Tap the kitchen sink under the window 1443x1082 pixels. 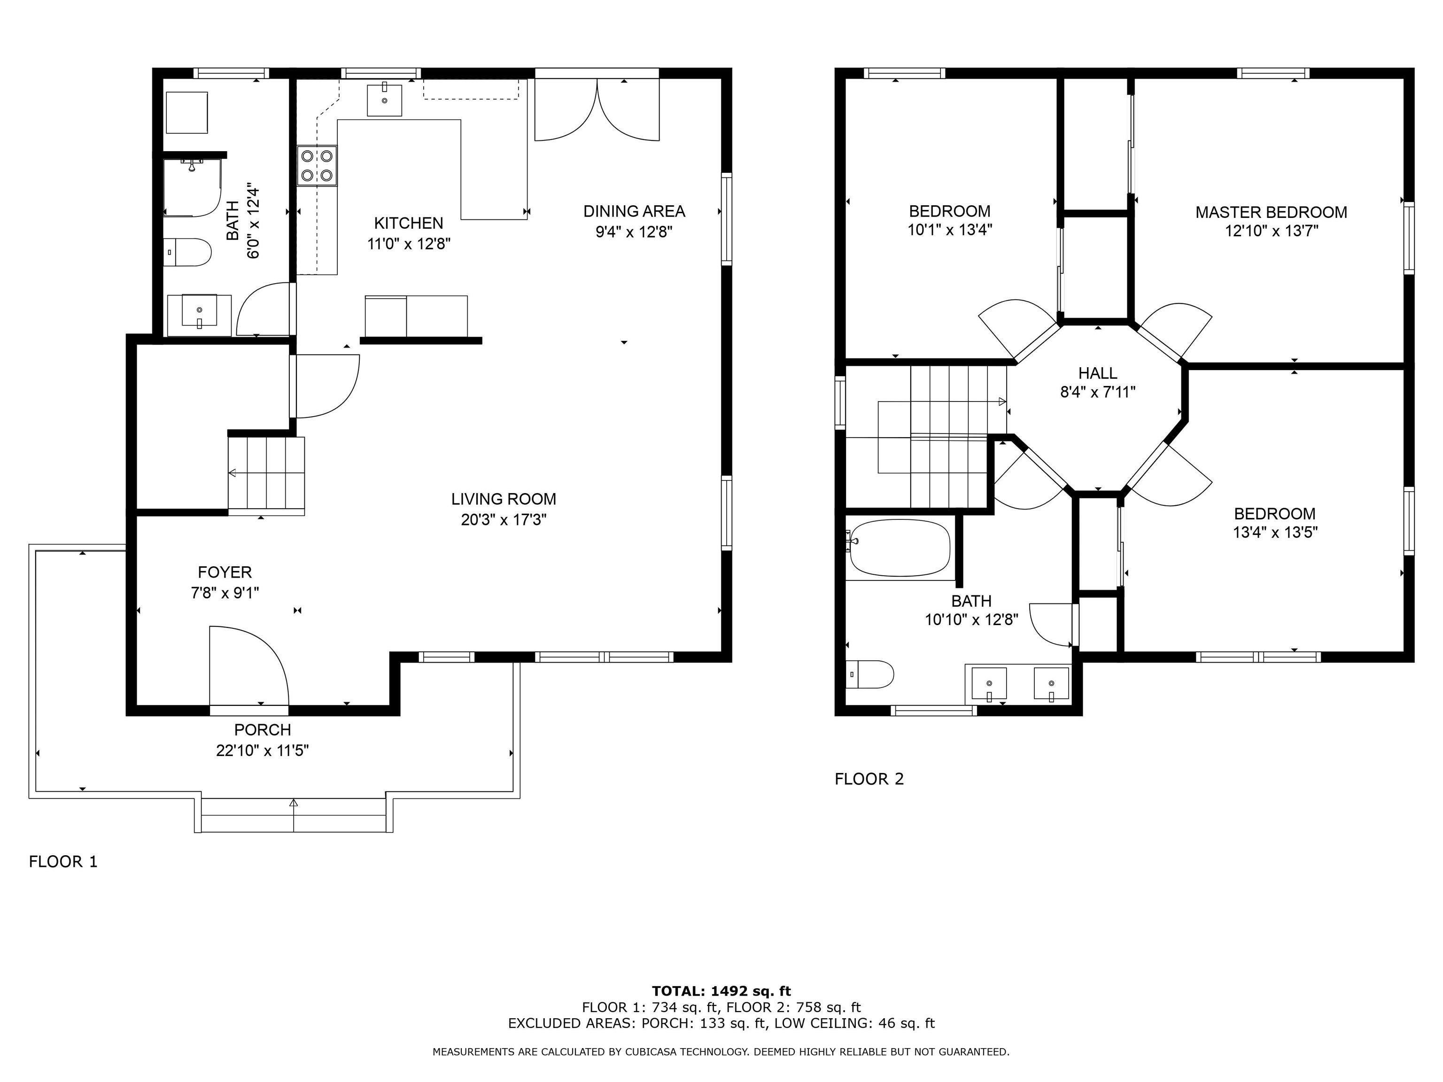(384, 99)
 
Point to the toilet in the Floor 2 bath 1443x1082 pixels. (870, 674)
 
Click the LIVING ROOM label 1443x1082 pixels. (504, 499)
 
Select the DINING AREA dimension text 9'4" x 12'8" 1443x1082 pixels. (634, 232)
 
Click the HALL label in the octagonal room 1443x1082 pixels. (1097, 373)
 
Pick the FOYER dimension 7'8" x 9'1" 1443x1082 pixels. (225, 593)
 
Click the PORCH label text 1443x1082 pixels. (262, 730)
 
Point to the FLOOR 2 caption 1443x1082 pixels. (869, 779)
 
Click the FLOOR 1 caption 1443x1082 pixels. (63, 862)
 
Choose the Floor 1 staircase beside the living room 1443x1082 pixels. (266, 474)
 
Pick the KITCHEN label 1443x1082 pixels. (408, 223)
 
